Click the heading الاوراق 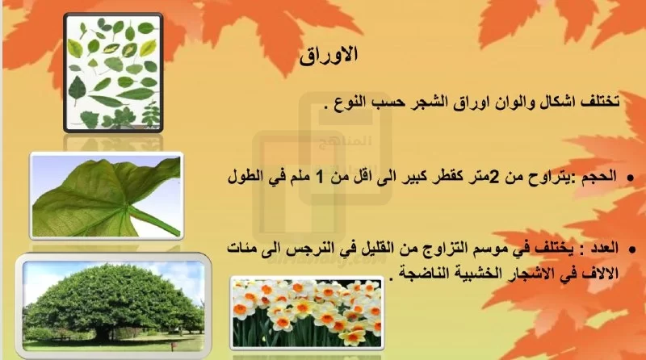coord(329,55)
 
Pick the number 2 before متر coord(496,178)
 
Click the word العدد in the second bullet coord(605,249)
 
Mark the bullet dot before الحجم coord(630,178)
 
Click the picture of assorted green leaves coord(113,73)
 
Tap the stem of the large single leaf coord(154,220)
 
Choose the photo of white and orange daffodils coord(307,313)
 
